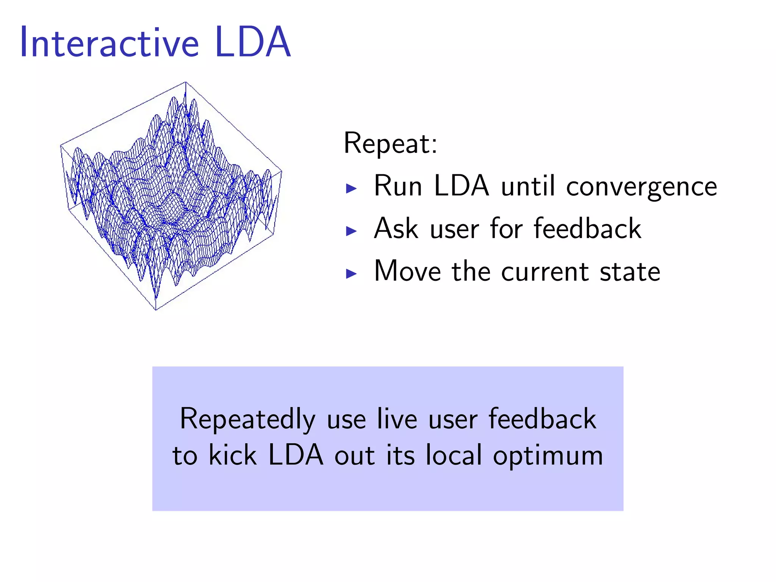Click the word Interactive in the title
tap(109, 42)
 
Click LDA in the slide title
tap(253, 42)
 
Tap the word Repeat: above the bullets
tap(390, 144)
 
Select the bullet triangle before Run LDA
tap(351, 188)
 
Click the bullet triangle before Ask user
tap(351, 231)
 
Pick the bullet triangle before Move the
tap(351, 274)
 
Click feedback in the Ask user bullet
tap(587, 229)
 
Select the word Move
tap(407, 271)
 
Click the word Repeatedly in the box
tap(247, 420)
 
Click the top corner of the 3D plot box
tap(185, 82)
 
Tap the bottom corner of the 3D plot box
tap(156, 310)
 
